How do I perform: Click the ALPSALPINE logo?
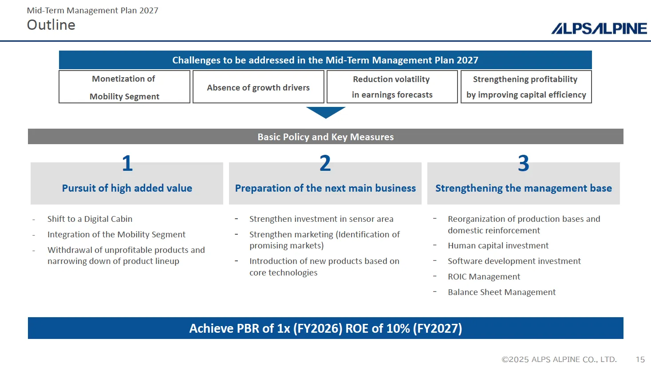coord(599,28)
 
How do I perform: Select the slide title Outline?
coord(51,25)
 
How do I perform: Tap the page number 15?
coord(640,359)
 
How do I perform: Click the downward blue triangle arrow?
coord(326,112)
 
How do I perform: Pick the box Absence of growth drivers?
coord(258,87)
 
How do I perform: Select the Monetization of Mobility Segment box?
coord(124,87)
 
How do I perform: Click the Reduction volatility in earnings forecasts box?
coord(392,87)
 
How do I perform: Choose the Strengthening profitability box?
coord(526,87)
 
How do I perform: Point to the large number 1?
coord(127,163)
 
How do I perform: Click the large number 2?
coord(325,163)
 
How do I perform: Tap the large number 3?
coord(524,163)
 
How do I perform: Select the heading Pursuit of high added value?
coord(127,188)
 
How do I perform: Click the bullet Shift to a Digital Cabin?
coord(90,219)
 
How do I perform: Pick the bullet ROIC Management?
coord(484,276)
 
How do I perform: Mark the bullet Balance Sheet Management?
coord(501,292)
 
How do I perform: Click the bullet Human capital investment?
coord(498,245)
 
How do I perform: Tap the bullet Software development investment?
coord(514,261)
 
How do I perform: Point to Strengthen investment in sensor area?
coord(321,219)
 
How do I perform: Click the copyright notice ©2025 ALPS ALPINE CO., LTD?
coord(559,359)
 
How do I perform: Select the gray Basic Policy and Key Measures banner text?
coord(326,137)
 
